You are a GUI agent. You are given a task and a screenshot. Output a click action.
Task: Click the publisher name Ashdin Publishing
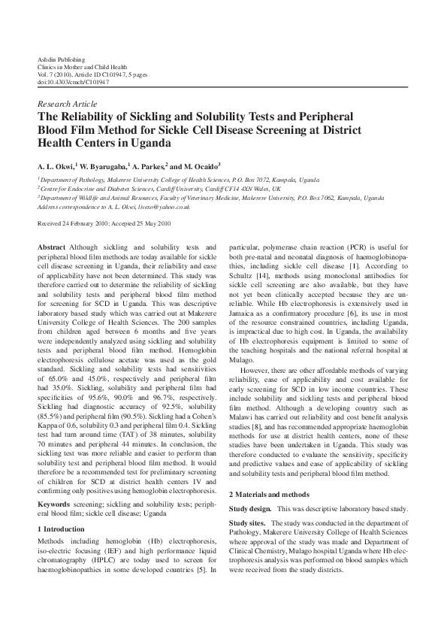coord(61,59)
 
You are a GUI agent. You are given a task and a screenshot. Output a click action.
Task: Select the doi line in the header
coord(73,82)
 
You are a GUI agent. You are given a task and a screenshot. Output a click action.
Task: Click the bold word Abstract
coord(52,247)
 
